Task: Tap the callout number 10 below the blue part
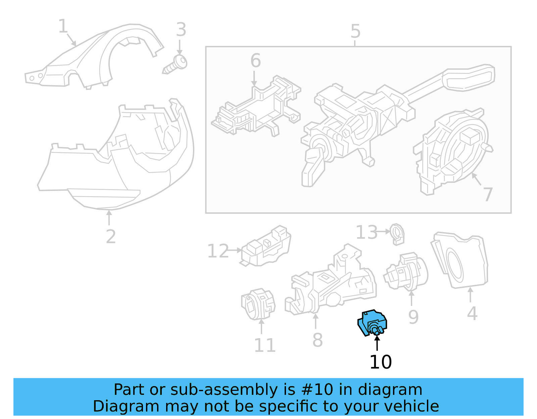coord(380,362)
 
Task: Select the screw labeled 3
coord(176,64)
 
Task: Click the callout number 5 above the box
coord(355,32)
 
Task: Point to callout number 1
coord(63,26)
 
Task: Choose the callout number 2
coord(110,237)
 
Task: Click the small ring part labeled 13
coord(398,234)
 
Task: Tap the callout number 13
coord(366,232)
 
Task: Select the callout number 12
coord(218,251)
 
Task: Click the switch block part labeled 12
coord(266,247)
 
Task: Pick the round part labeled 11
coord(258,304)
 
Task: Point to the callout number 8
coord(317,340)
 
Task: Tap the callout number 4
coord(472,314)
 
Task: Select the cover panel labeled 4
coord(460,260)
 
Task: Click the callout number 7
coord(488,194)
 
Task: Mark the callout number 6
coord(255,61)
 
